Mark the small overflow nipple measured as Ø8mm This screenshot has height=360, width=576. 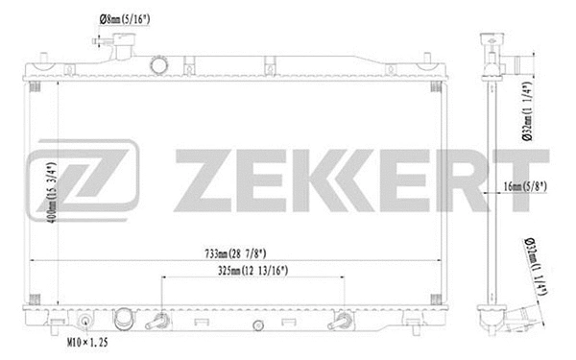click(99, 40)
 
